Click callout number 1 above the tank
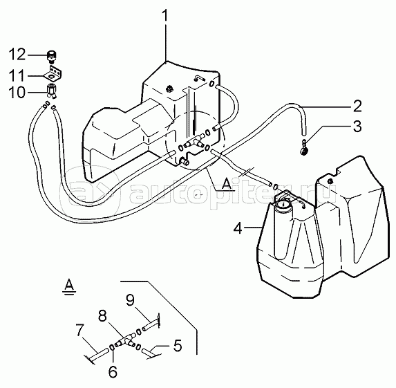(165, 16)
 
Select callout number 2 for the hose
(357, 106)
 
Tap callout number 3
(357, 126)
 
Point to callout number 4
(238, 228)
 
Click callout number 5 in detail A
(178, 346)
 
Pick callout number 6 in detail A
(113, 371)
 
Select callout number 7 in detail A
(79, 330)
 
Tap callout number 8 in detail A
(102, 315)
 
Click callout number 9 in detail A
(130, 299)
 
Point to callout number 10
(17, 92)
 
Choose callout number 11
(17, 75)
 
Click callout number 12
(17, 55)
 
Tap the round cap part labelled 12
(52, 57)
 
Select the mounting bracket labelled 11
(54, 73)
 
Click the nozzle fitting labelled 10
(52, 91)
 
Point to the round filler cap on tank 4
(283, 203)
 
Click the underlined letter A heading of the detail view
(69, 286)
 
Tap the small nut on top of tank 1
(169, 89)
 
